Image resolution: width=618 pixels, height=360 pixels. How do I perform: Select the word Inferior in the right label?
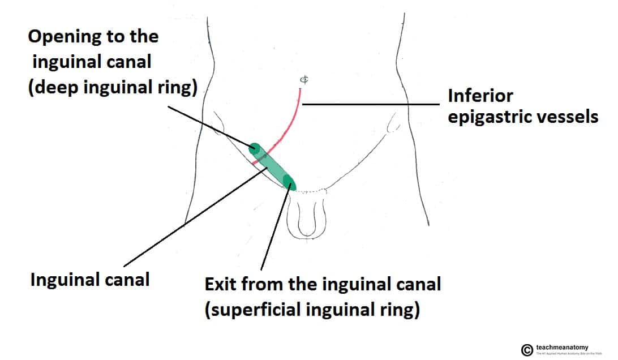coord(481,96)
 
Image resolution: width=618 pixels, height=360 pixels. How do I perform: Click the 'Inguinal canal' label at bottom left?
coord(89,280)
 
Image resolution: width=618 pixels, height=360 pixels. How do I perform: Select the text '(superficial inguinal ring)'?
coord(312,311)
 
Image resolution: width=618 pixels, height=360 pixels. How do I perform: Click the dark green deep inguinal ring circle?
coord(255,149)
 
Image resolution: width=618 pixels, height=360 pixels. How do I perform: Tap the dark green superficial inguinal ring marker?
coord(289,182)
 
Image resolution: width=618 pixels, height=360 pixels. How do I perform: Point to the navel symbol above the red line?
coord(304,80)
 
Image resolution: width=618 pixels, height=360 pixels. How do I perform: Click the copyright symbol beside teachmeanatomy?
coord(527,350)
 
